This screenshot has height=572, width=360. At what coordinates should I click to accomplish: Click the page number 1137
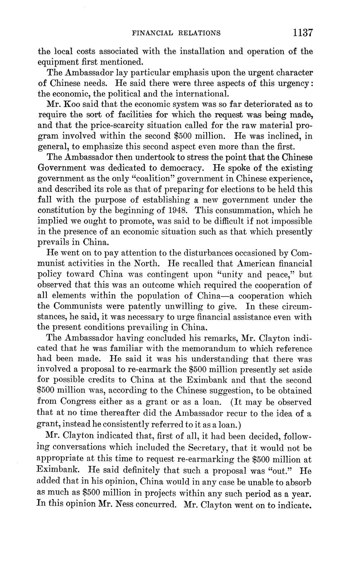302,33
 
